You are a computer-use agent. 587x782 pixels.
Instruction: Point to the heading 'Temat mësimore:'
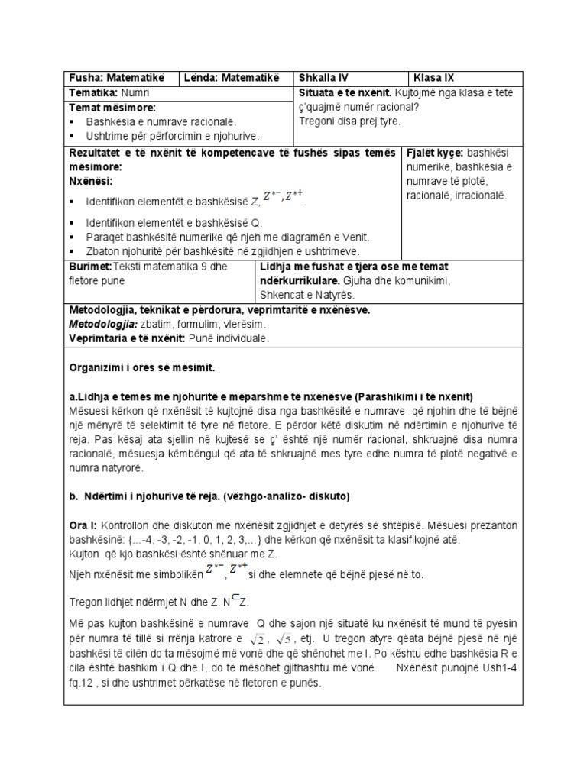tap(112, 108)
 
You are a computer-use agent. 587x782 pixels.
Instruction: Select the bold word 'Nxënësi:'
tap(90, 181)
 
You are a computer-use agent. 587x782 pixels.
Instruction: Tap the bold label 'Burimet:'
tap(90, 267)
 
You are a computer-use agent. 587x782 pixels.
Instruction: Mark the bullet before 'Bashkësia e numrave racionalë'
tap(73, 122)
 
